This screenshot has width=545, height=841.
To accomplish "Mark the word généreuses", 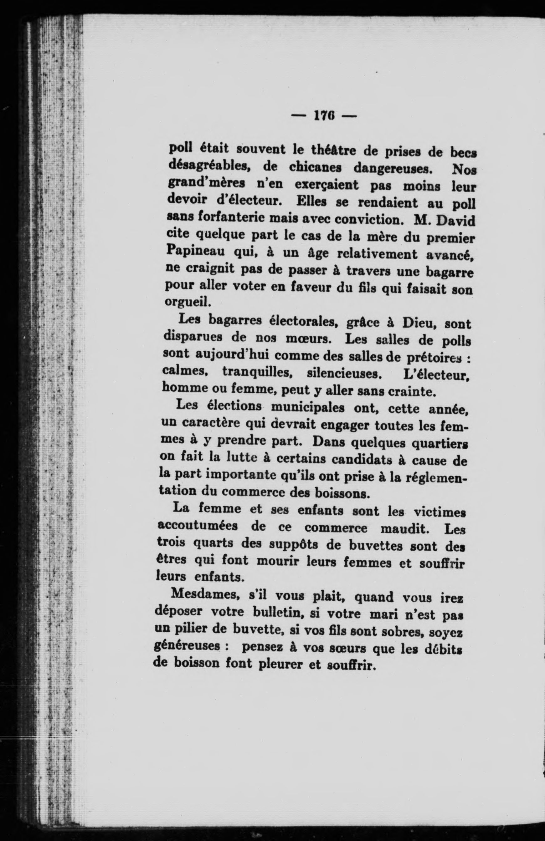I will tap(187, 647).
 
